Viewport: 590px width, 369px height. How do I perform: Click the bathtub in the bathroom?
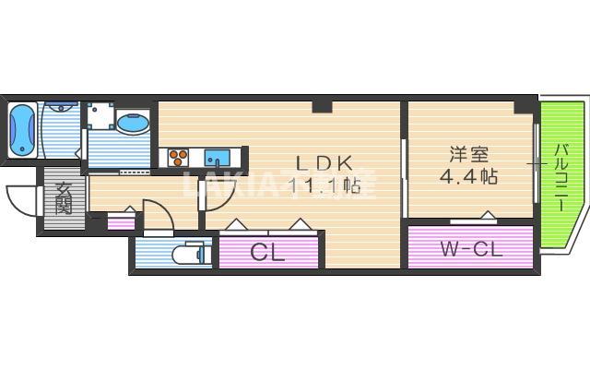tap(22, 130)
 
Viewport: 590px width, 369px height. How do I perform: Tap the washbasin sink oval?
tap(135, 123)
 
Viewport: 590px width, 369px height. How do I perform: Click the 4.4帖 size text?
tap(468, 175)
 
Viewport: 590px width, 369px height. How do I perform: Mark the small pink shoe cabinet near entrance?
tap(121, 222)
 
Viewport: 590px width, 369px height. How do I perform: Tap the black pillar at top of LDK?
tap(323, 107)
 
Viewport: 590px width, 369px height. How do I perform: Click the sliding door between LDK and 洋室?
tap(405, 166)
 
